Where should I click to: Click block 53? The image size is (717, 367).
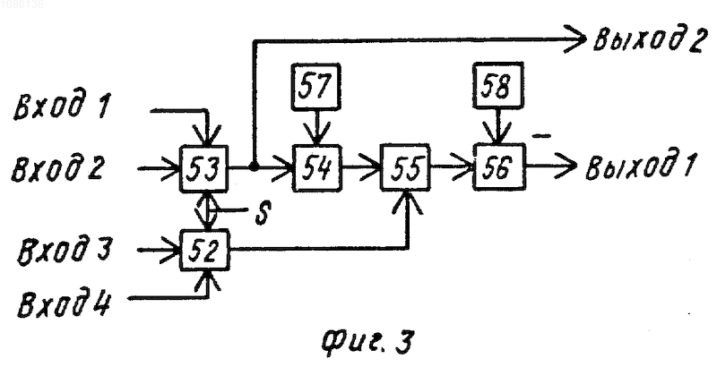coord(204,168)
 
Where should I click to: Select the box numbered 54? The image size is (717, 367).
coord(317,167)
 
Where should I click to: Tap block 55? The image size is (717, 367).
coord(406,167)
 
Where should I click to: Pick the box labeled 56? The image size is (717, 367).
coord(499,166)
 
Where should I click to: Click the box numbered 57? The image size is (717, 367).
coord(316,87)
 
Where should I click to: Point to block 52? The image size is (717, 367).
coord(205,250)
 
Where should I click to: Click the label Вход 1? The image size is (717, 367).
coord(62,107)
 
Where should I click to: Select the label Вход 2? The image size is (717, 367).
coord(57,168)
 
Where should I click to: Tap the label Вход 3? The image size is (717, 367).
coord(64,250)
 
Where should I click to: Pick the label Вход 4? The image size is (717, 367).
coord(64,305)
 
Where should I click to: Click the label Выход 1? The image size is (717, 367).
coord(641,166)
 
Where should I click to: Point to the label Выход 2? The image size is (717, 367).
coord(648,40)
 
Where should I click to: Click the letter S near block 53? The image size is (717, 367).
coord(263,213)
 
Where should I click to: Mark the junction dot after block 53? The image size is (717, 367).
coord(254,168)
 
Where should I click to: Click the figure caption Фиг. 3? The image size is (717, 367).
coord(368,341)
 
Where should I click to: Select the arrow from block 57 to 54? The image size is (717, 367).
coord(316,127)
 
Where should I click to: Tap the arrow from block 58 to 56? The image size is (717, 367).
coord(498,126)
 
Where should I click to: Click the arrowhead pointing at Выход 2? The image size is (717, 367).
coord(577,39)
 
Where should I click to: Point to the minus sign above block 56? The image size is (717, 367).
coord(541,135)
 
